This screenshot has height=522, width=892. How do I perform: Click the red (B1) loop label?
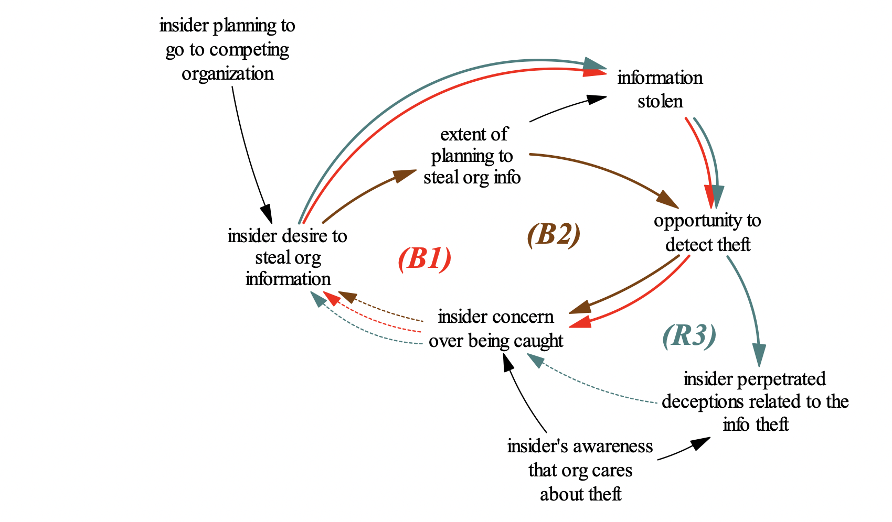pos(424,258)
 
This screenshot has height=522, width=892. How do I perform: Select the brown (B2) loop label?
pos(554,234)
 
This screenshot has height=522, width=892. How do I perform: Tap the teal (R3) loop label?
pos(689,335)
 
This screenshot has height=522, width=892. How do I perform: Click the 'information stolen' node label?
pos(660,89)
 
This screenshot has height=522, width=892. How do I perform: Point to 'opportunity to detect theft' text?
pos(707,232)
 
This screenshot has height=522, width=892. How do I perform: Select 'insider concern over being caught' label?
pos(495,329)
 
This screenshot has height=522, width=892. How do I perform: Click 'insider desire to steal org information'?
pos(288,257)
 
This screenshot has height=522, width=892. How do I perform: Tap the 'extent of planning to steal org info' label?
pos(472,156)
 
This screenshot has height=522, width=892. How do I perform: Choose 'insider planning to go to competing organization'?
pos(227,49)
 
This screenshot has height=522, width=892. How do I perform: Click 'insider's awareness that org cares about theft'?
pos(580,470)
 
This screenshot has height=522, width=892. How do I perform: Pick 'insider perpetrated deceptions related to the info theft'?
pos(755,401)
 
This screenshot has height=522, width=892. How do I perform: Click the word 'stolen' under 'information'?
pos(660,101)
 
